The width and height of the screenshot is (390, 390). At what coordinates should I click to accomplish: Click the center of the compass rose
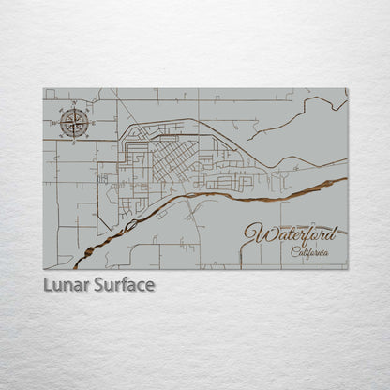pyautogui.click(x=75, y=122)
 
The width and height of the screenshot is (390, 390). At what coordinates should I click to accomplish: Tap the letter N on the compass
pyautogui.click(x=75, y=105)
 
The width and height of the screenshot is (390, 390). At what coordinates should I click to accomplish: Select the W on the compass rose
pyautogui.click(x=58, y=122)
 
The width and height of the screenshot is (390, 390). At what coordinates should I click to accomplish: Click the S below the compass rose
pyautogui.click(x=75, y=139)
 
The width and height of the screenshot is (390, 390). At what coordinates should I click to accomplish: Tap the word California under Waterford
pyautogui.click(x=309, y=251)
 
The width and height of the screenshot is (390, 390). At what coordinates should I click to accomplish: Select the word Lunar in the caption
pyautogui.click(x=65, y=284)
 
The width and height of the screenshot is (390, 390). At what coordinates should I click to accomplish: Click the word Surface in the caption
pyautogui.click(x=123, y=284)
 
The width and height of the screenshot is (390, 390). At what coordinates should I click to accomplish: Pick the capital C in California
pyautogui.click(x=293, y=251)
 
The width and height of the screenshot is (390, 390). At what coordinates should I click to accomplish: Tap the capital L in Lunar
pyautogui.click(x=48, y=284)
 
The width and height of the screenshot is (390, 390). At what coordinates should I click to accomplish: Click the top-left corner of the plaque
pyautogui.click(x=43, y=89)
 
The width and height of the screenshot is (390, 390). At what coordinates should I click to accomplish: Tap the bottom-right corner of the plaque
pyautogui.click(x=347, y=268)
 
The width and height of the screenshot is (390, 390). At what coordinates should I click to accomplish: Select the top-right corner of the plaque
pyautogui.click(x=347, y=89)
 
